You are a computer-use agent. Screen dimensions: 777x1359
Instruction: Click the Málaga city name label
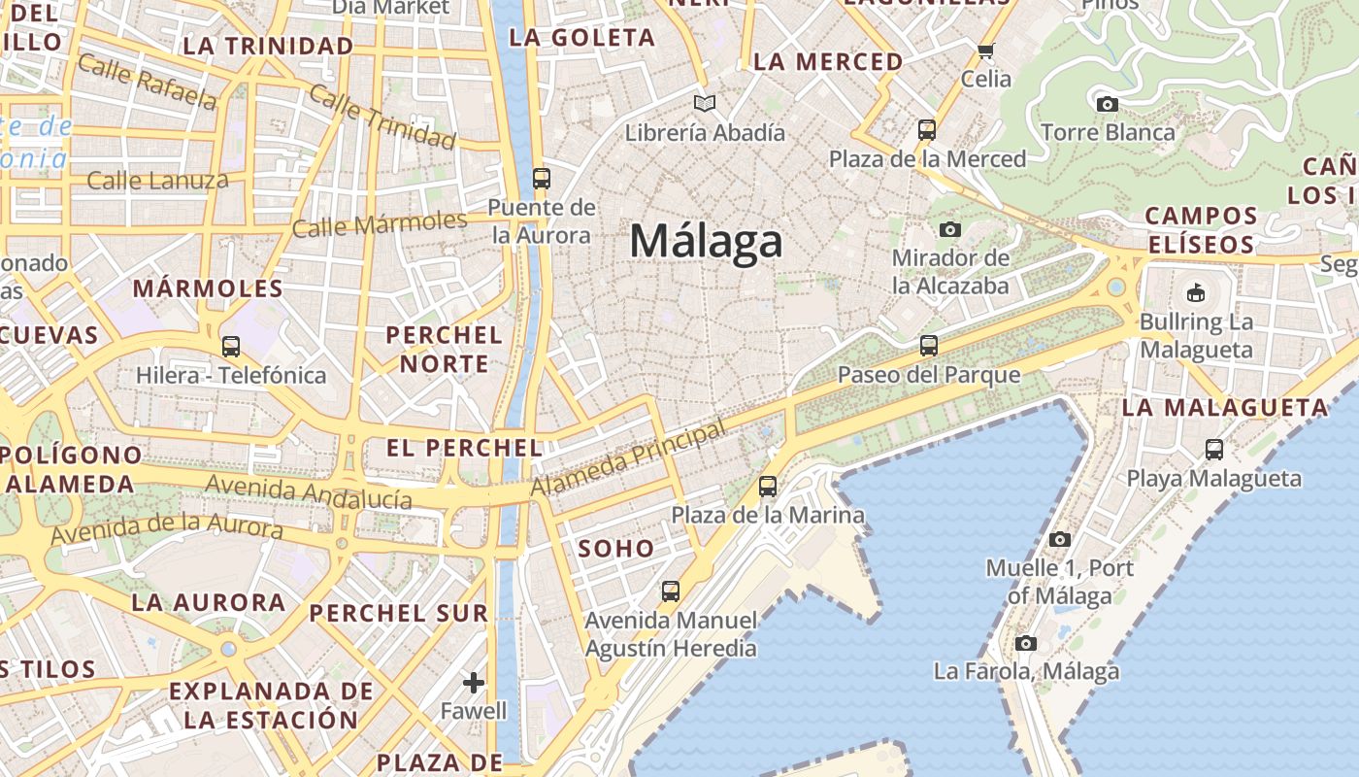[706, 241]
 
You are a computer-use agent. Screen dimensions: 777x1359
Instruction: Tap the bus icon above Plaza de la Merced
[927, 129]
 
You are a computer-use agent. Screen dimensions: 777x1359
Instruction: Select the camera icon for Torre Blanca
[1107, 104]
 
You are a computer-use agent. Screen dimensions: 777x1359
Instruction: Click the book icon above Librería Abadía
[705, 103]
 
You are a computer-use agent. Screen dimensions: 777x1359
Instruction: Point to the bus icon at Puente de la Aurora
[542, 179]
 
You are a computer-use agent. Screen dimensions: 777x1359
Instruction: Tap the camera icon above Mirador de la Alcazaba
[950, 229]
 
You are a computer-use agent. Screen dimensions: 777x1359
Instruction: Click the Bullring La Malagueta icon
[1196, 292]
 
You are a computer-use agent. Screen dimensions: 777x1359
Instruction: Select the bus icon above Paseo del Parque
[929, 345]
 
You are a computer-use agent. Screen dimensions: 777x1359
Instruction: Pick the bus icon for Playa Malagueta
[1214, 449]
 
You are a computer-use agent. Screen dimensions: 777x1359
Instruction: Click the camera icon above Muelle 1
[1060, 539]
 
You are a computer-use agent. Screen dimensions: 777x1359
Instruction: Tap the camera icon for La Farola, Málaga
[1026, 643]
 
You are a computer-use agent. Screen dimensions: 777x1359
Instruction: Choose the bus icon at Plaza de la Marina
[768, 486]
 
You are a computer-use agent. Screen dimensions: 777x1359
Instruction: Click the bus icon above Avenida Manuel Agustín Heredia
[671, 591]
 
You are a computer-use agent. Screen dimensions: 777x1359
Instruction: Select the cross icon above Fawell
[474, 683]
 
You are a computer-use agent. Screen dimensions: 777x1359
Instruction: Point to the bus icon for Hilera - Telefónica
[231, 346]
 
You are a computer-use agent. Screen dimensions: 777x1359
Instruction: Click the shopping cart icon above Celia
[986, 51]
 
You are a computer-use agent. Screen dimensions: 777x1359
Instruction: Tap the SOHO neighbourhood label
[616, 549]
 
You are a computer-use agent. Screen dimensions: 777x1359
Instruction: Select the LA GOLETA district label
[582, 38]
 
